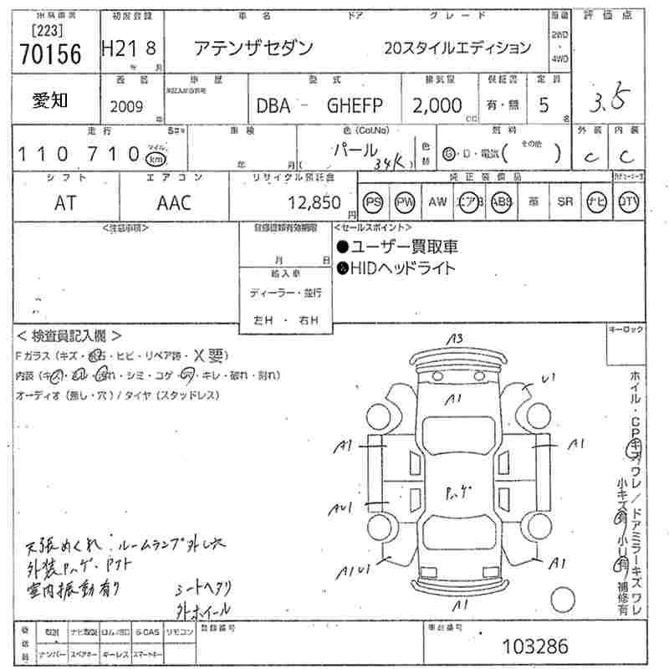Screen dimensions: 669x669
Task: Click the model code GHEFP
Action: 355,105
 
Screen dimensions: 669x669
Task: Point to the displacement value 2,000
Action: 437,105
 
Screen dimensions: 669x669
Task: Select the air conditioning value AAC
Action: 174,202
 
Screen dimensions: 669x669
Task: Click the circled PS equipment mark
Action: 373,203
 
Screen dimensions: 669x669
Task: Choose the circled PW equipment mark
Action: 405,203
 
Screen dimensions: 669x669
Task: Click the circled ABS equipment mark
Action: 501,203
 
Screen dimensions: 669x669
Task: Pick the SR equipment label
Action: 565,202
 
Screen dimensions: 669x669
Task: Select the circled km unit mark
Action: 155,158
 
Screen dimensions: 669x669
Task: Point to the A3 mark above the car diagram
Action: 455,339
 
